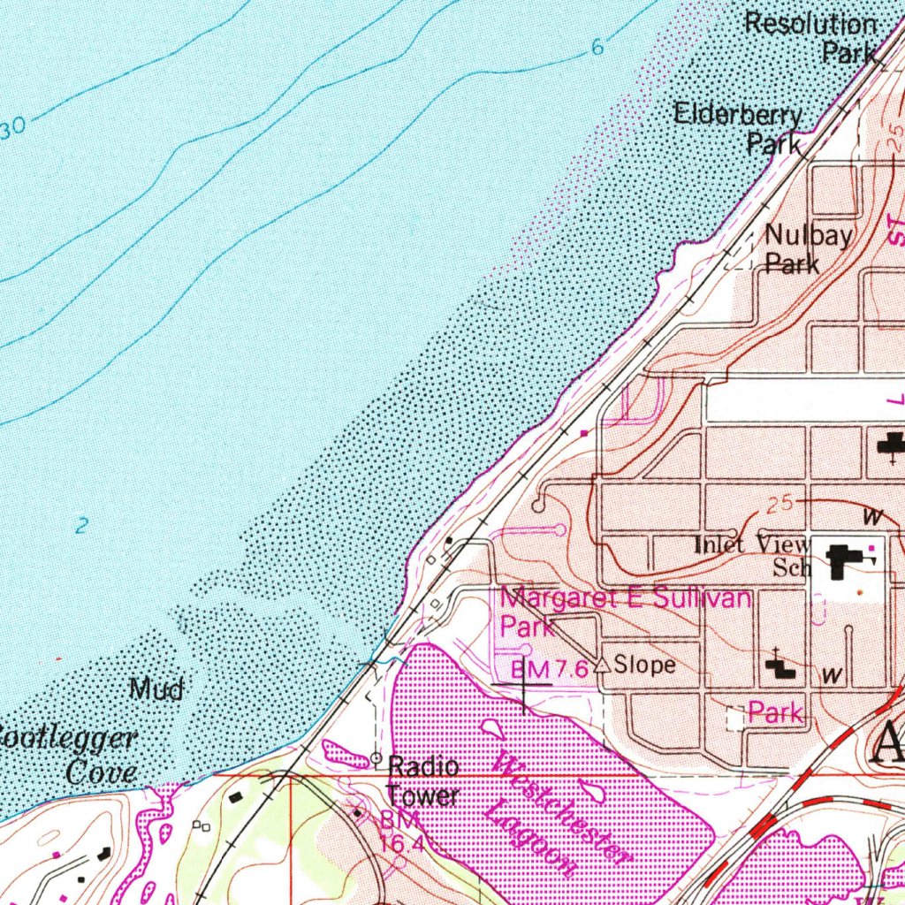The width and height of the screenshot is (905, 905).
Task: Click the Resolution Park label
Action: (x=811, y=37)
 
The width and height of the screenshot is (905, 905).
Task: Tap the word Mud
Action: (x=156, y=688)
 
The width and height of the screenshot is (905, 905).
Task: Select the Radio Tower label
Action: (x=423, y=780)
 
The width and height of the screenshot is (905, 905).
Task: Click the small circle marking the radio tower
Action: (x=376, y=758)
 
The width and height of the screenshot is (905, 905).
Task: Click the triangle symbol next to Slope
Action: (x=602, y=665)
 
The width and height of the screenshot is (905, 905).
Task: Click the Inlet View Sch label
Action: (x=751, y=555)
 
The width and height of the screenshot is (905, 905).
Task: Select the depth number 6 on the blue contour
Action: (x=597, y=48)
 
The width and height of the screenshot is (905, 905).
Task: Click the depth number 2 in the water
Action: (x=81, y=526)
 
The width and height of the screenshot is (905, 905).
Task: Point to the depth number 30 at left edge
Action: (x=12, y=130)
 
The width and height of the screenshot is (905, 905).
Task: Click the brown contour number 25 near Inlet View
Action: (x=779, y=505)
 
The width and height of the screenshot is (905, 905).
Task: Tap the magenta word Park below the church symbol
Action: (x=775, y=712)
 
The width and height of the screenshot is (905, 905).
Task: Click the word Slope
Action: (x=644, y=665)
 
